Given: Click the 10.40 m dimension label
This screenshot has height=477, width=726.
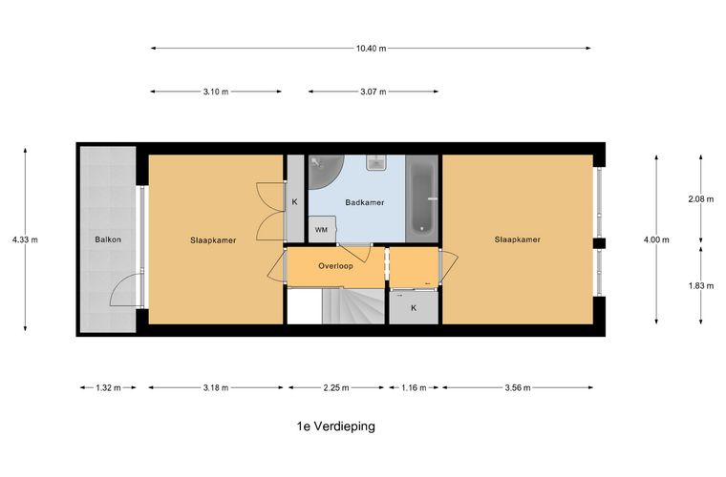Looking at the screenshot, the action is [x=371, y=48].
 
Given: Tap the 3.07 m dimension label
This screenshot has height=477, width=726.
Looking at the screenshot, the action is [x=374, y=92].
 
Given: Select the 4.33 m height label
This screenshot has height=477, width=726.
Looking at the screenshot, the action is [x=25, y=239].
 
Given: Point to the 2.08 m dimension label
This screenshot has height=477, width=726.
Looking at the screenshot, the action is [x=700, y=199].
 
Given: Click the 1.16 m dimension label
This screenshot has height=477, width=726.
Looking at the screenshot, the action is [x=414, y=387].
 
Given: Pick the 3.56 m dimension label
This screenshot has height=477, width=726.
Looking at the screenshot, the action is [x=518, y=387].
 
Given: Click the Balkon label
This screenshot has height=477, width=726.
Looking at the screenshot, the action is [x=108, y=239].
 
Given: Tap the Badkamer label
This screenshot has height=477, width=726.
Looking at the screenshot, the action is [x=365, y=202].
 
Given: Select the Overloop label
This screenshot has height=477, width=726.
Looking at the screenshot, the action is [x=335, y=266].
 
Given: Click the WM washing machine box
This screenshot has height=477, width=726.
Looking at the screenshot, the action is [x=322, y=229].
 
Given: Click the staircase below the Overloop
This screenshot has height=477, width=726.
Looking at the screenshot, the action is [x=353, y=306].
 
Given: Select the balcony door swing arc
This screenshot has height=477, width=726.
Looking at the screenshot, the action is [x=126, y=290].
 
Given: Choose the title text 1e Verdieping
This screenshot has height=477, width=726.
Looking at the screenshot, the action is [x=335, y=425].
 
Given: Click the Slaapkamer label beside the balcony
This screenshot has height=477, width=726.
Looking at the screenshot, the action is [x=213, y=240].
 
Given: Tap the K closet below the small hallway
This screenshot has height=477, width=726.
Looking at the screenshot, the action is [x=414, y=308].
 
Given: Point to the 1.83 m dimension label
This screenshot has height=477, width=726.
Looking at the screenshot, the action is [x=700, y=285].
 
